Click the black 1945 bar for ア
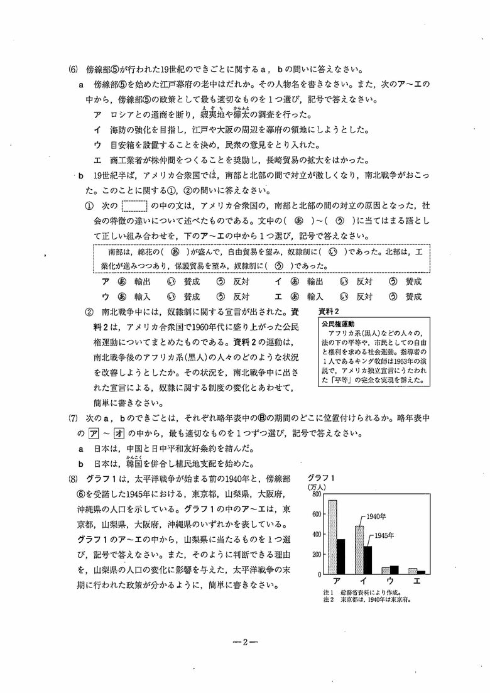(341, 556)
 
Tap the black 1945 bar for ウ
(394, 570)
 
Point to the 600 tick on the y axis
(315, 515)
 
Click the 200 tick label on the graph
(315, 554)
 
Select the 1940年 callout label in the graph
(377, 516)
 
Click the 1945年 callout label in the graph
(384, 535)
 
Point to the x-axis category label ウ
(390, 582)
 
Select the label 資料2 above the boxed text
(329, 312)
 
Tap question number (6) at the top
(72, 70)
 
